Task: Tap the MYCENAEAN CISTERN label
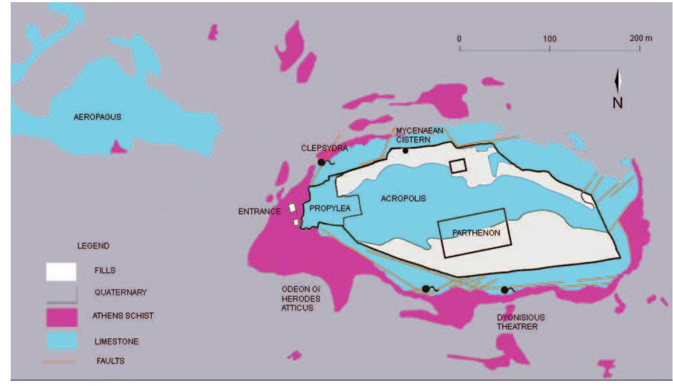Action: tap(413, 135)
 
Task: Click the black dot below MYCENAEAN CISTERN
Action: tap(405, 151)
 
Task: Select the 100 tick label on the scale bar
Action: tap(549, 39)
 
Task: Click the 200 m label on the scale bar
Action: tap(641, 39)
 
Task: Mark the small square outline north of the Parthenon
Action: tap(458, 166)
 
